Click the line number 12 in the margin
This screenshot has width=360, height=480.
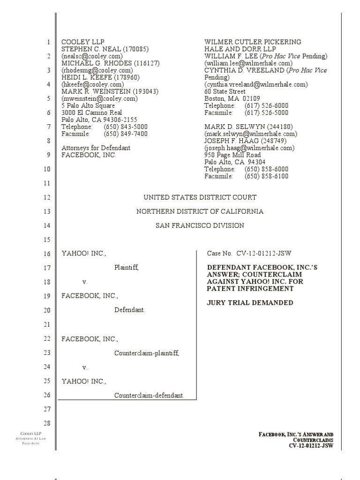47,197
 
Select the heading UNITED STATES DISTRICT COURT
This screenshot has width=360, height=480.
200,197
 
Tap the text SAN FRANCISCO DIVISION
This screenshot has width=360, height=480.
200,225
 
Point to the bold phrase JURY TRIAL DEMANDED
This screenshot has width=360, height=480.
250,303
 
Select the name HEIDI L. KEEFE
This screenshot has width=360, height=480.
87,77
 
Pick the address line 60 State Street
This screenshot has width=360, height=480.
225,91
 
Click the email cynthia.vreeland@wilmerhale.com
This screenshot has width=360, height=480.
256,84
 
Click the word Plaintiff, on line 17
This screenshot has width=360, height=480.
127,268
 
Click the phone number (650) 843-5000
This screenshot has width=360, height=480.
126,127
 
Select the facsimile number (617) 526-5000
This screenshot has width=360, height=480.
266,112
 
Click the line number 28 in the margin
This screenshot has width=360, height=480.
47,423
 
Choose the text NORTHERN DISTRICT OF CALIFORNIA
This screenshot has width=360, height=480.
200,211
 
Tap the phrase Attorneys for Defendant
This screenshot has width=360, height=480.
96,148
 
